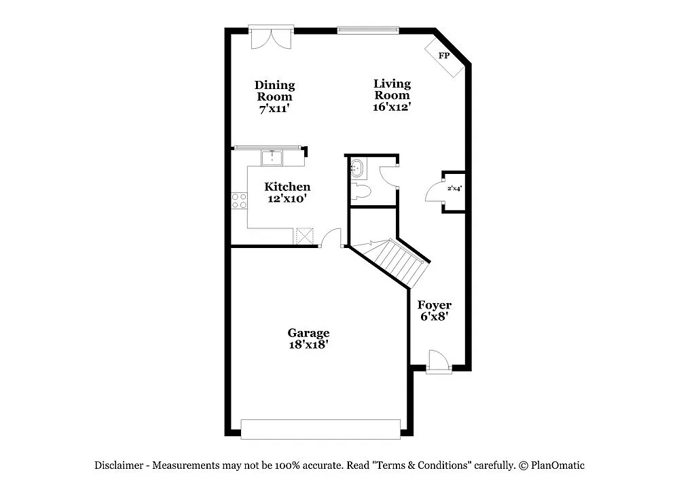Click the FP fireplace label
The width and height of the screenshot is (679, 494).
coord(445,56)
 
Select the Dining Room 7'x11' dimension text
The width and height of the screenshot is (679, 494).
coord(274,108)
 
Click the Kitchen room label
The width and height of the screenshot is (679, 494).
coord(287,187)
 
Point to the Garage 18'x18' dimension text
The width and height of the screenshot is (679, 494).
coord(308,345)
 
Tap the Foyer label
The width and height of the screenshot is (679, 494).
coord(434,305)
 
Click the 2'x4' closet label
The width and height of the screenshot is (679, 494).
coord(454,188)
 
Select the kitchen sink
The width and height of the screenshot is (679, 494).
coord(272,158)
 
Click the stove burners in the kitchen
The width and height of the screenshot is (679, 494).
coord(239,200)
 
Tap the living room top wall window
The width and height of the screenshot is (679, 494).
coord(367,30)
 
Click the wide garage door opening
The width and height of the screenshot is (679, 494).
coord(320,429)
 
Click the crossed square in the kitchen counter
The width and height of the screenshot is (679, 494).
coord(304,236)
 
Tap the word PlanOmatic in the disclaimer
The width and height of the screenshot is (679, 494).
coord(557,465)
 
